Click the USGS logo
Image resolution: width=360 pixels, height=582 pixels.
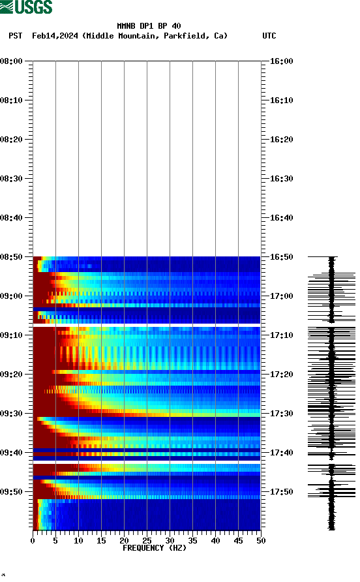[x=26, y=7]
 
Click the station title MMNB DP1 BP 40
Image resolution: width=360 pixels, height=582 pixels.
[x=149, y=26]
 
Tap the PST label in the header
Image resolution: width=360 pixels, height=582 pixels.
[x=16, y=36]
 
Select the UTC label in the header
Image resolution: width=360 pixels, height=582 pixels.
[x=269, y=36]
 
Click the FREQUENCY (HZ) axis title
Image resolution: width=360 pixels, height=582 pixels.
[x=154, y=548]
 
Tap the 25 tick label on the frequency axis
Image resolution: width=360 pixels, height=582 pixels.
[x=147, y=541]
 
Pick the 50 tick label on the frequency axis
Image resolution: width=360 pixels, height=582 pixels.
[x=260, y=541]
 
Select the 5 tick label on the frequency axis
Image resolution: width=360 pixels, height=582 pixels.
[x=55, y=541]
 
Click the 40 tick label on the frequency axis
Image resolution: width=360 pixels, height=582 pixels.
[x=215, y=541]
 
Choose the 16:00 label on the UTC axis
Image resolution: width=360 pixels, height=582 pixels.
[x=281, y=61]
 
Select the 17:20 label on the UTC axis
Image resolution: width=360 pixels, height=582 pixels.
[x=281, y=375]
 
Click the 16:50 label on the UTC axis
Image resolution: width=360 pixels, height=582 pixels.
[x=281, y=257]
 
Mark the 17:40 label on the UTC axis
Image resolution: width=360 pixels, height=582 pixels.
[x=281, y=453]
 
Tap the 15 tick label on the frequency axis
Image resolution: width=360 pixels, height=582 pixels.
[x=101, y=541]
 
